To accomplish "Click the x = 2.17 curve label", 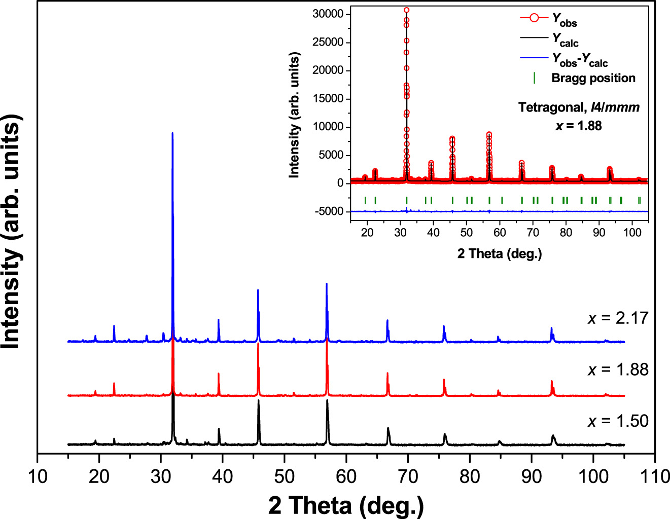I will (618, 318).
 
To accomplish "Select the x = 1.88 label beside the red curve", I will (618, 370).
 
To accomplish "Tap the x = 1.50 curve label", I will (618, 421).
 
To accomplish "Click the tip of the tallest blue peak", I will (172, 133).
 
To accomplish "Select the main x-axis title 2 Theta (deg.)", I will (346, 505).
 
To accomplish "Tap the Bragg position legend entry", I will (593, 78).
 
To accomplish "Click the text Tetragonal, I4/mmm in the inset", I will (579, 107).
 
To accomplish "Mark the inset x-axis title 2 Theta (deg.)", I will (499, 253).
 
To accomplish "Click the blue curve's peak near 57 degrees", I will (327, 284).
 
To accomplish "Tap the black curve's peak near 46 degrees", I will (259, 401).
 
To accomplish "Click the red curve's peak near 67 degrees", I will (387, 374).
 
